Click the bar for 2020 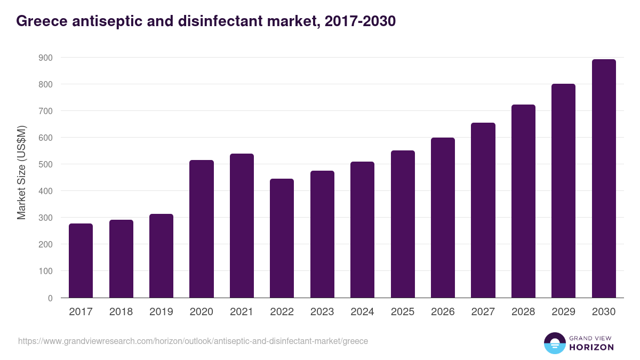(x=202, y=229)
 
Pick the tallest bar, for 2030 (x=604, y=178)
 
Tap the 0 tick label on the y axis (x=50, y=298)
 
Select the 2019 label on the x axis (x=161, y=312)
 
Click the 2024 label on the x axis (x=362, y=312)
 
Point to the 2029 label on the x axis (x=563, y=312)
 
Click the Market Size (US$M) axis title (x=21, y=172)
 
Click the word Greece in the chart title (x=39, y=21)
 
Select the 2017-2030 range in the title (x=358, y=21)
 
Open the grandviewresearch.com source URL (x=193, y=341)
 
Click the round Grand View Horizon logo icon (x=554, y=343)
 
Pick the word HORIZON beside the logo (x=591, y=347)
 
